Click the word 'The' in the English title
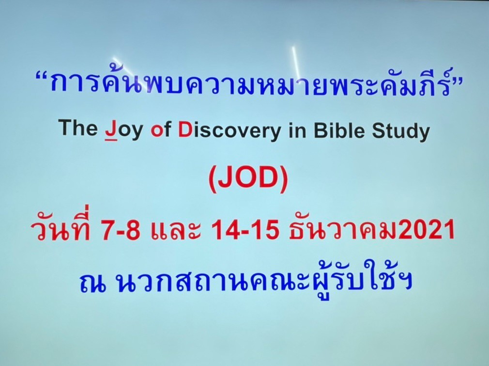(x=79, y=127)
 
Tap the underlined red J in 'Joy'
(x=111, y=130)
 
